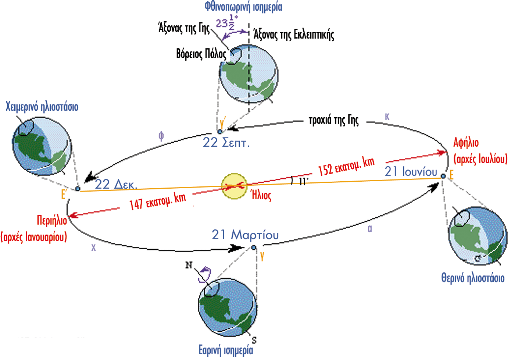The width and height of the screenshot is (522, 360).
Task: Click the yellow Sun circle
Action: (234, 186)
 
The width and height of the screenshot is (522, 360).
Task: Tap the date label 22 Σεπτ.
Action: (226, 142)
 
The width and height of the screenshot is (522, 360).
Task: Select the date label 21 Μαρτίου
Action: (245, 235)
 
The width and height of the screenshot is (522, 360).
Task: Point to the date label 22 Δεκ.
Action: (116, 184)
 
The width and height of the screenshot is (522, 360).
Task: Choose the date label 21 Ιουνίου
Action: (411, 171)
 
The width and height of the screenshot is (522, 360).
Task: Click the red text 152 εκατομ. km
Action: (346, 166)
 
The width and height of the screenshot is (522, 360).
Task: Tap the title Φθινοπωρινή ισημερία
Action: (243, 7)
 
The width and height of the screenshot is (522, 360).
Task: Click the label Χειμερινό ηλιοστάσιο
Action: (42, 107)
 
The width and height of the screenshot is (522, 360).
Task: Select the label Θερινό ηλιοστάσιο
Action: (473, 278)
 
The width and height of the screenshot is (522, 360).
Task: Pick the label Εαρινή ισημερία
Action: (226, 350)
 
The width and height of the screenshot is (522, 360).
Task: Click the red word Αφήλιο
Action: (466, 143)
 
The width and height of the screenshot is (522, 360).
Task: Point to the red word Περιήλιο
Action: (52, 220)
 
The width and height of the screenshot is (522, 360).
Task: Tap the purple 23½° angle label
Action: (226, 23)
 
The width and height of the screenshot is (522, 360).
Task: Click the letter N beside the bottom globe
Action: (189, 265)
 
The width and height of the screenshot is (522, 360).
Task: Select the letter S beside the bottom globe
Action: (254, 340)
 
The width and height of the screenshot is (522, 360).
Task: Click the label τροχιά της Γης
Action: (333, 120)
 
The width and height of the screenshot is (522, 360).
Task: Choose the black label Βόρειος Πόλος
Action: (201, 54)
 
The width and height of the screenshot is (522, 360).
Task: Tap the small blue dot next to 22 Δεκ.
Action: (78, 189)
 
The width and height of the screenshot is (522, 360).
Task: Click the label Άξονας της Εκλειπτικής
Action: (294, 35)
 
